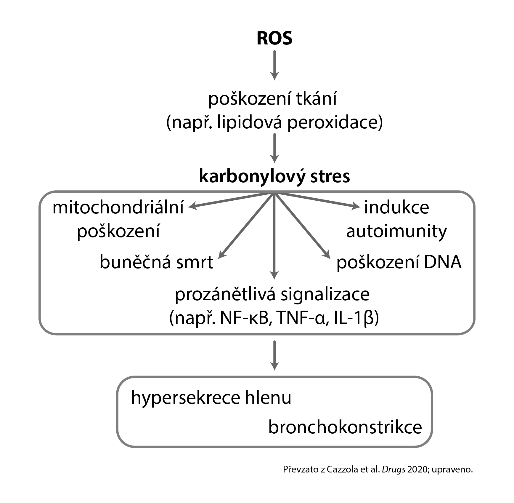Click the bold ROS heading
tap(274, 38)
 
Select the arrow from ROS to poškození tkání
tap(275, 65)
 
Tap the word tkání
tap(317, 99)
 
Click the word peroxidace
tap(335, 123)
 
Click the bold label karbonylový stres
tap(274, 176)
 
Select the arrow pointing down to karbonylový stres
tap(275, 148)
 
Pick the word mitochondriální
tap(118, 207)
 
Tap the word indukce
tap(396, 207)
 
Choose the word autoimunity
tap(396, 231)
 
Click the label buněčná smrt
tap(156, 263)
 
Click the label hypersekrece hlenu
tap(211, 398)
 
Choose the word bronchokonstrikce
tap(345, 427)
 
